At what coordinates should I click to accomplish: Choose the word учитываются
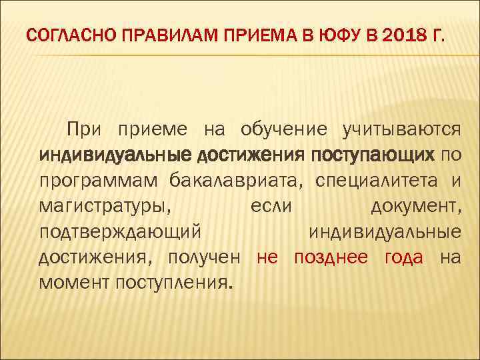point(401,128)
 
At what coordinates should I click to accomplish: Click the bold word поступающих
point(370,155)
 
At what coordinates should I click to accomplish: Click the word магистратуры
point(105,206)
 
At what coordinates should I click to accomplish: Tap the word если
point(271,206)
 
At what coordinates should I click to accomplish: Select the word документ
point(414,206)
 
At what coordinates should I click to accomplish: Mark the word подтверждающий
point(120,232)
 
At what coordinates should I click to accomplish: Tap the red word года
point(403,258)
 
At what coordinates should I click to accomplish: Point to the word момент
point(75,284)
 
